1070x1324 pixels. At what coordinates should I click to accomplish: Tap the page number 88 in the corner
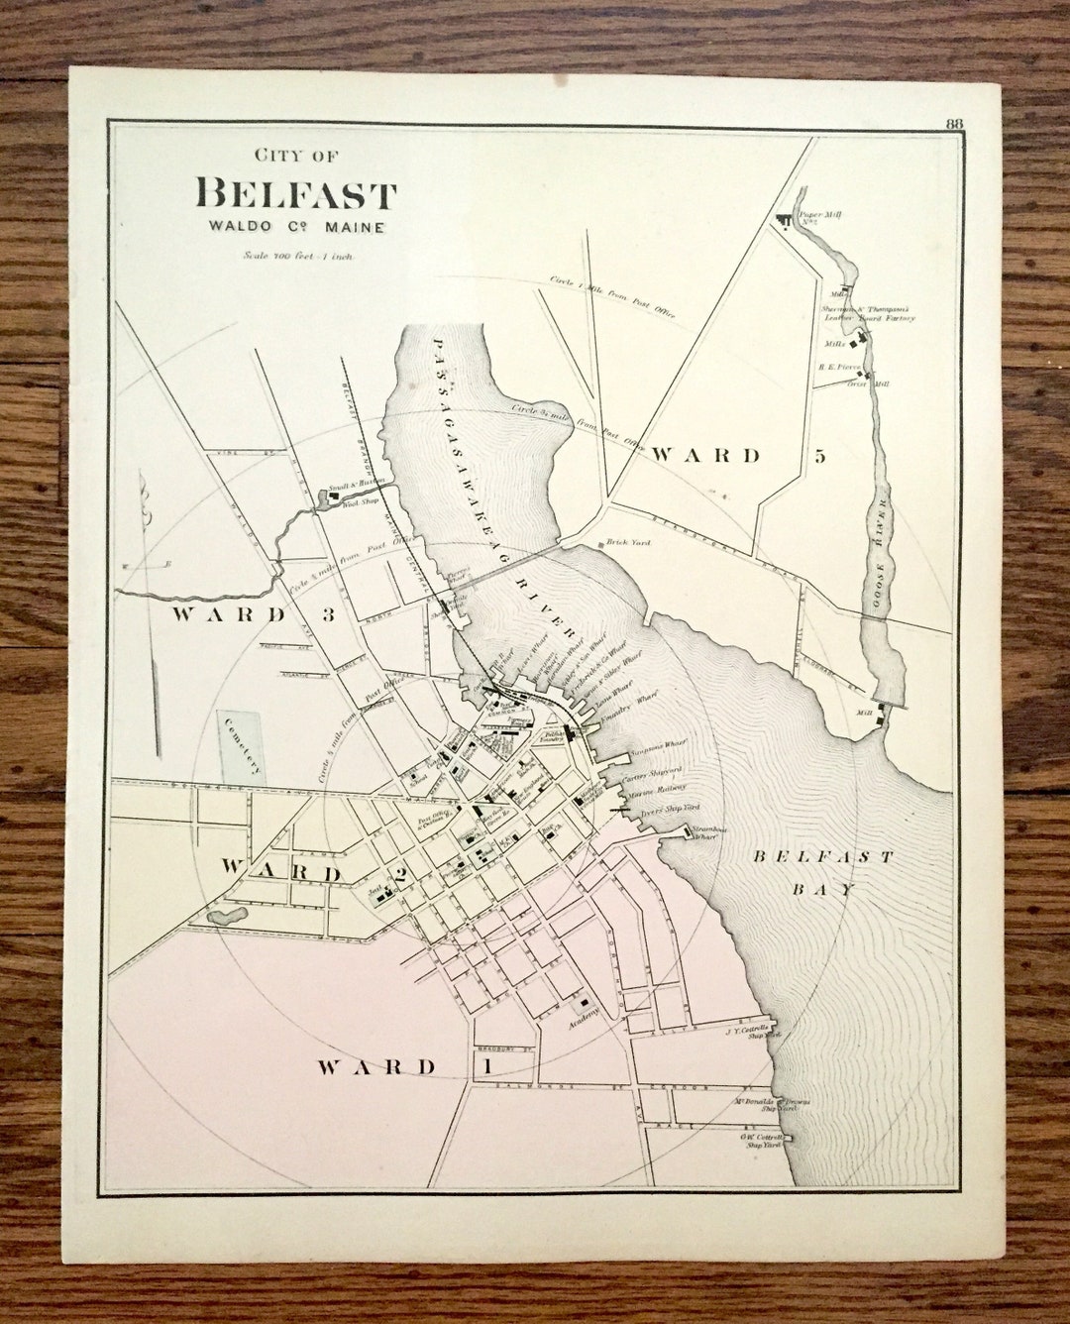(x=955, y=124)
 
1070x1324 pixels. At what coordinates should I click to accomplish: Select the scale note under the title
(x=298, y=255)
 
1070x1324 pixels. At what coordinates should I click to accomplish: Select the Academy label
(x=590, y=1028)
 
